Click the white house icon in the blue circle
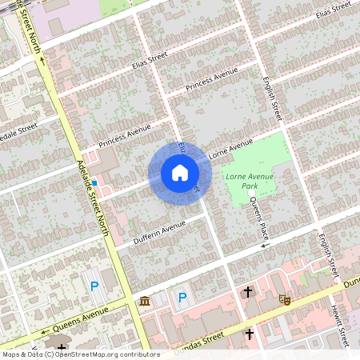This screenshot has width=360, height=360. (179, 173)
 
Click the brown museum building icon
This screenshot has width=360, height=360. (144, 300)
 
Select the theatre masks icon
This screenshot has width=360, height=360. (283, 299)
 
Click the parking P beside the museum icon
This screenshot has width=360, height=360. (182, 298)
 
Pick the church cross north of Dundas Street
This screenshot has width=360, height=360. (248, 292)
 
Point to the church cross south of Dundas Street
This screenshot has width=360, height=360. (249, 333)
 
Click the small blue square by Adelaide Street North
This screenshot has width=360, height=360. (94, 183)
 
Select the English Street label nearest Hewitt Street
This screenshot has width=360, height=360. (325, 251)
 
